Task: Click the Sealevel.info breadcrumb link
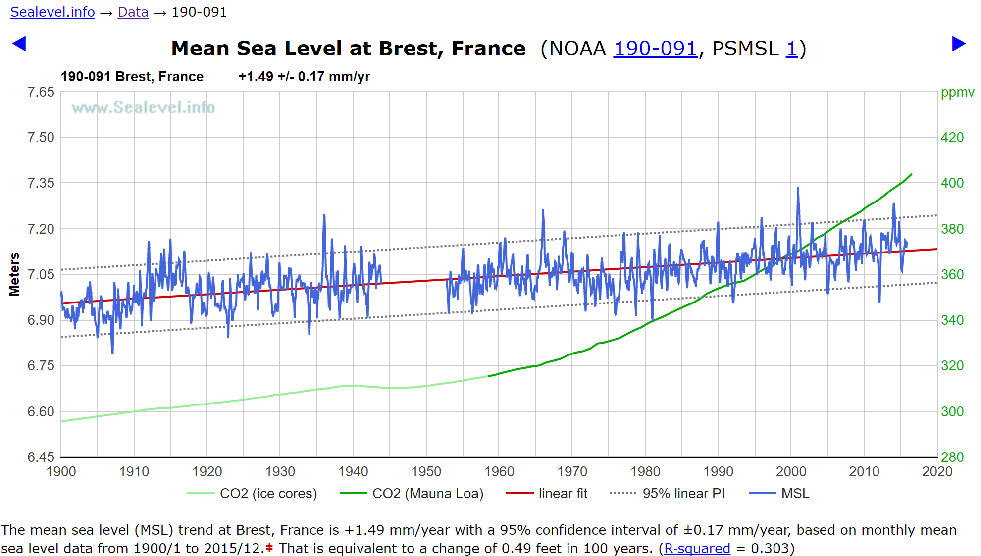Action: point(52,12)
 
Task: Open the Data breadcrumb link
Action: point(133,12)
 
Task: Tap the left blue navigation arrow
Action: point(19,44)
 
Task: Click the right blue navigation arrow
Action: point(959,44)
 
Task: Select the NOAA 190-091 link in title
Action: point(655,49)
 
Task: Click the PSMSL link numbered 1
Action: point(791,49)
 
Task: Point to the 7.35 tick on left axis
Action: point(41,183)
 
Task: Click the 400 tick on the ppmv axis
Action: point(952,183)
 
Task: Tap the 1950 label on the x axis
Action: point(426,471)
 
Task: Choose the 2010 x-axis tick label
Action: point(864,471)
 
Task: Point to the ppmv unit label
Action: point(957,92)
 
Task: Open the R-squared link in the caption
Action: point(697,548)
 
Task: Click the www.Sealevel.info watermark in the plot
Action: point(143,107)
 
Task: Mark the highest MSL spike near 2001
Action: point(798,189)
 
